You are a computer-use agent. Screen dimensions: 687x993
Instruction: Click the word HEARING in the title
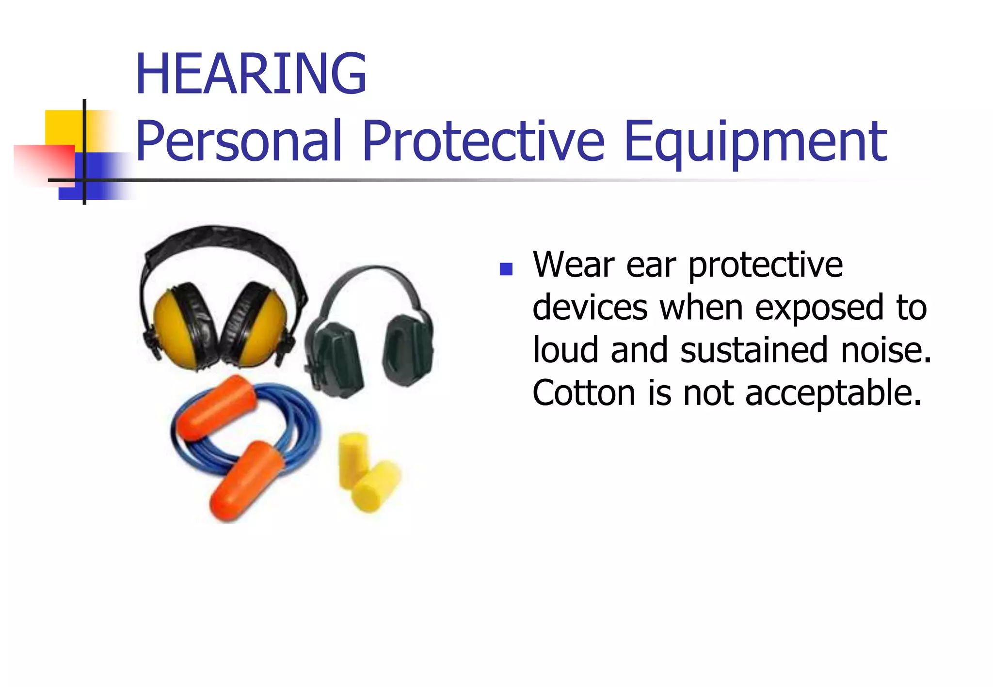click(x=251, y=74)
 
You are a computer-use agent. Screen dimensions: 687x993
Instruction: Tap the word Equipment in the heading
click(x=755, y=142)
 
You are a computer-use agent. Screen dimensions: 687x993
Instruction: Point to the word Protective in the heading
click(x=483, y=141)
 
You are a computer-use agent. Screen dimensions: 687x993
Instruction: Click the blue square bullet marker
click(x=506, y=269)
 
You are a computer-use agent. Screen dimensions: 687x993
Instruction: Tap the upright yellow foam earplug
click(x=352, y=458)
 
